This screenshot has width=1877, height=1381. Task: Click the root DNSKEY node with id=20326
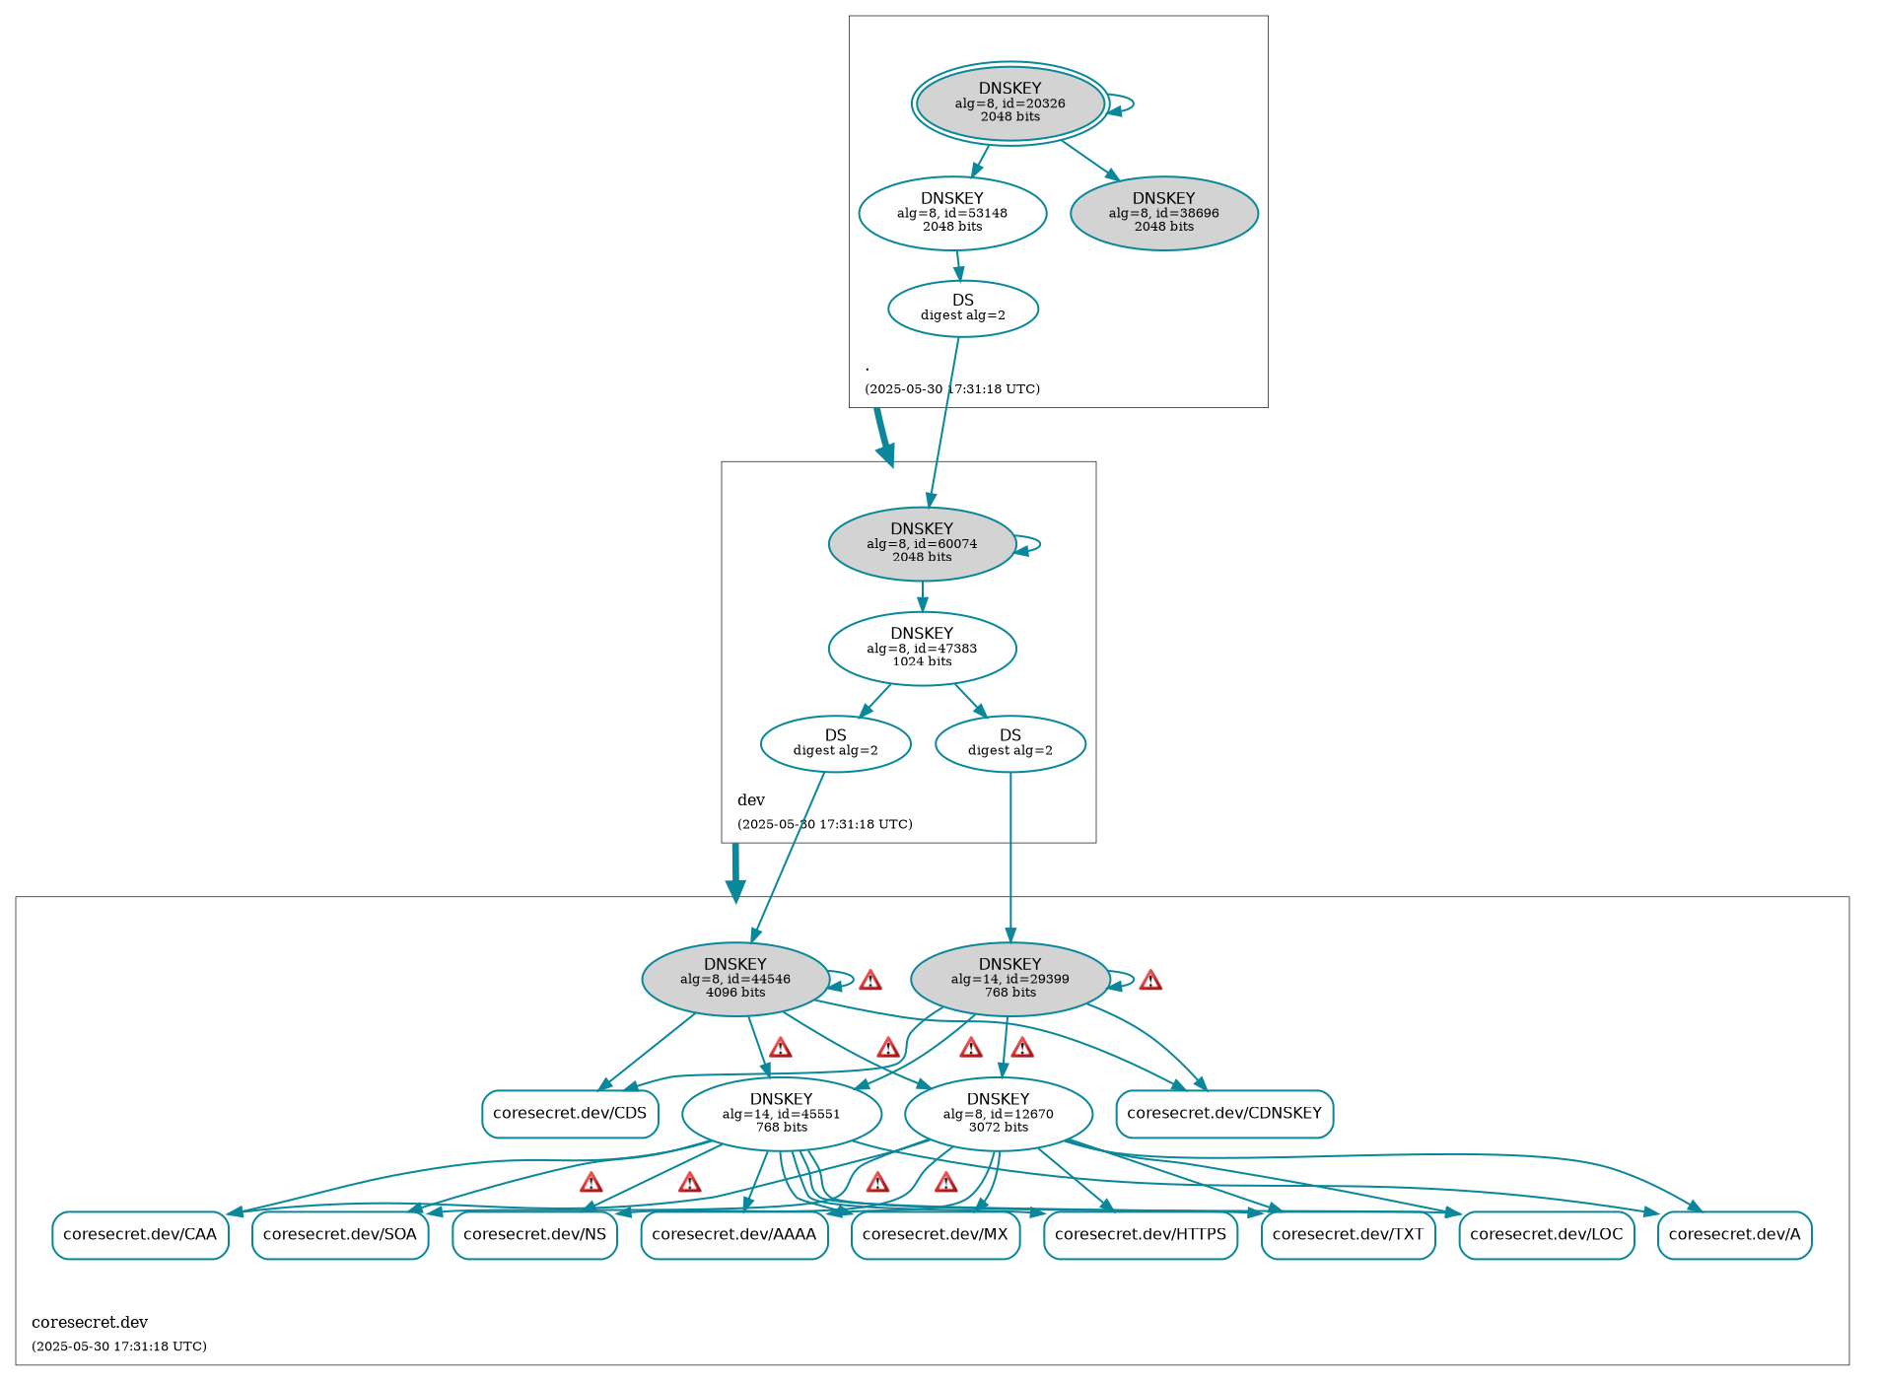click(x=1009, y=103)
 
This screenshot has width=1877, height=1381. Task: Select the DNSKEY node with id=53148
click(x=951, y=213)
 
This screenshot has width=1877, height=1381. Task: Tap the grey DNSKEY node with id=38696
click(x=1163, y=213)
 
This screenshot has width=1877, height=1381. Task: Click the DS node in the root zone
click(x=962, y=308)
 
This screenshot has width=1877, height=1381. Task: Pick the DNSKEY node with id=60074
click(x=922, y=543)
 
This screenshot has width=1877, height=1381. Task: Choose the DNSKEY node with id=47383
click(x=922, y=648)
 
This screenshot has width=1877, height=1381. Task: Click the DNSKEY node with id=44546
click(x=734, y=979)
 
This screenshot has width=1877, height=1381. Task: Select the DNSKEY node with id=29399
click(x=1009, y=979)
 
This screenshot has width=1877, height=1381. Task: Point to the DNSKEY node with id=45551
click(x=781, y=1113)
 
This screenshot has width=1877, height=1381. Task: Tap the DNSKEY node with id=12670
click(x=998, y=1113)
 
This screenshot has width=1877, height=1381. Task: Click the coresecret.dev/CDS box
click(x=570, y=1113)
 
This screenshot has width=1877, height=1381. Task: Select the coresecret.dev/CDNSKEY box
click(x=1223, y=1113)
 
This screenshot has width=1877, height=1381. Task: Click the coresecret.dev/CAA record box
click(x=140, y=1234)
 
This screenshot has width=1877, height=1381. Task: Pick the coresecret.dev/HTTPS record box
click(x=1140, y=1234)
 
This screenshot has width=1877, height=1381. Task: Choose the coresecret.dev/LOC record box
click(x=1546, y=1234)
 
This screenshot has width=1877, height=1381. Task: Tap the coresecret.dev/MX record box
click(x=935, y=1234)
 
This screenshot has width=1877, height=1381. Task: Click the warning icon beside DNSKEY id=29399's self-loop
click(x=1149, y=980)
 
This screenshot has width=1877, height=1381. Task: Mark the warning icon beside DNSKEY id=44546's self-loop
click(x=869, y=980)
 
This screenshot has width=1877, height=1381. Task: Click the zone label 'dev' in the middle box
click(x=751, y=799)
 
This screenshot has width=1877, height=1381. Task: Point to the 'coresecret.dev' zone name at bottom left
click(x=90, y=1322)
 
